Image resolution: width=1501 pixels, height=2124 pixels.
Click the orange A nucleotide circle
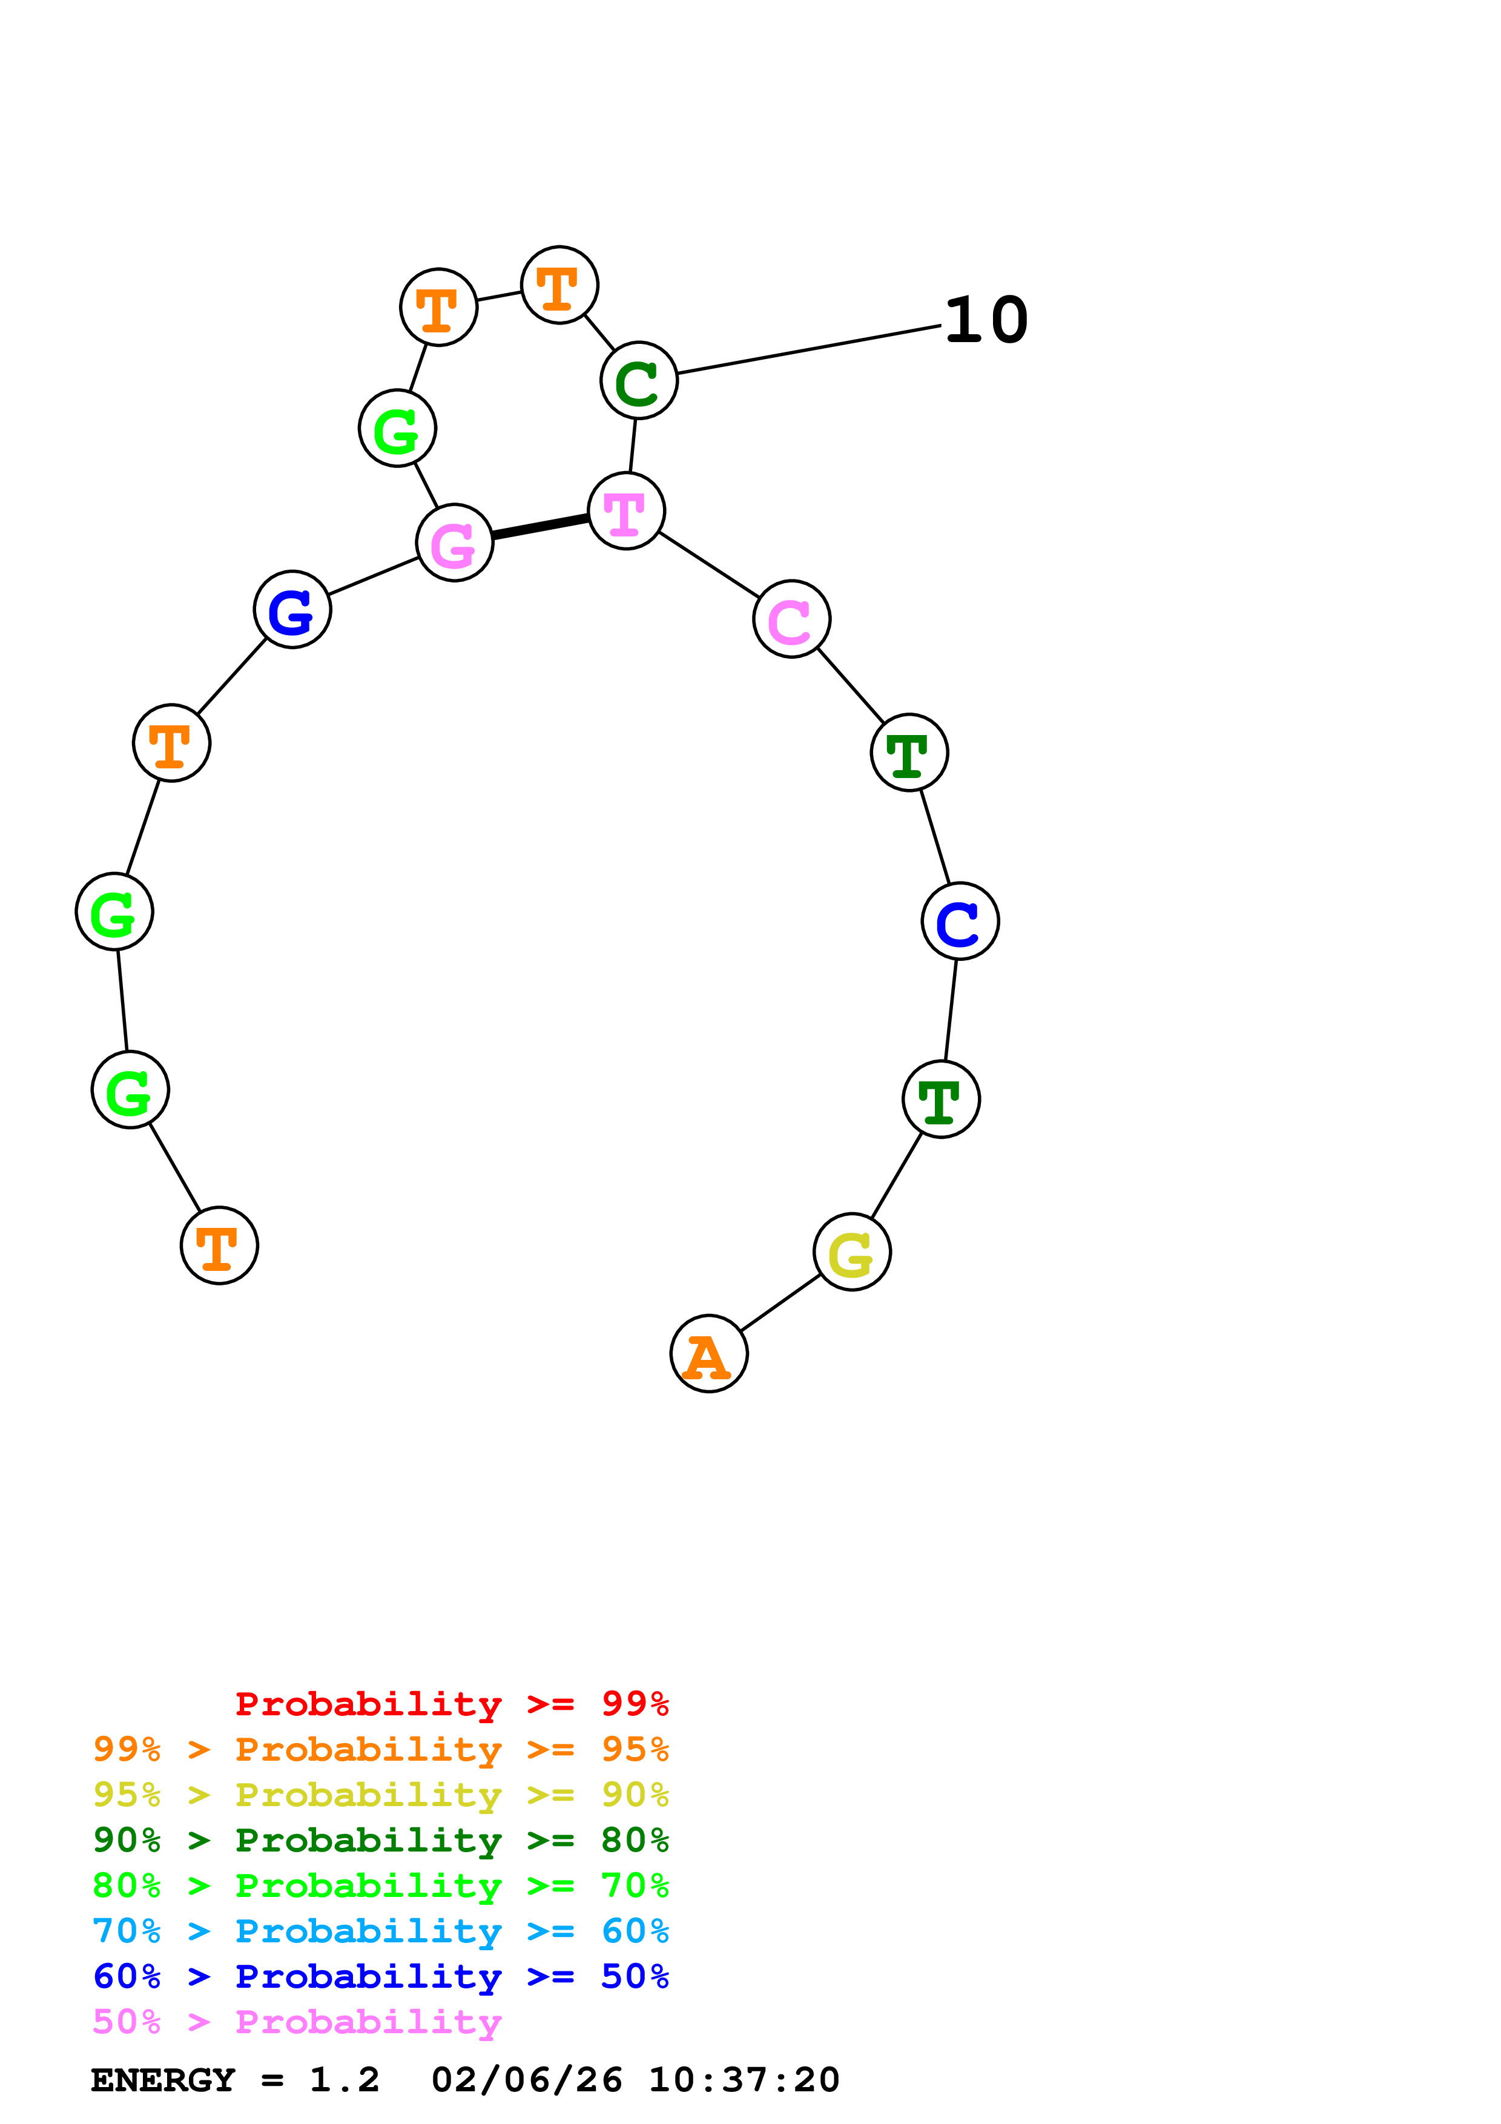click(x=708, y=1353)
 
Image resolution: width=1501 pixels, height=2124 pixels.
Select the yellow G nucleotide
click(x=852, y=1252)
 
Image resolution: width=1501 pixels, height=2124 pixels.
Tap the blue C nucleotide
click(x=960, y=922)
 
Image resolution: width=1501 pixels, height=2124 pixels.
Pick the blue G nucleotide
click(x=292, y=610)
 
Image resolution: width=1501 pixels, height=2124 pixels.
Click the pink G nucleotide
click(x=454, y=543)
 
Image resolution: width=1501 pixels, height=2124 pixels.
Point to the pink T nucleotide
click(x=626, y=510)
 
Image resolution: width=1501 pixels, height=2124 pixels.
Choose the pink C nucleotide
click(x=791, y=619)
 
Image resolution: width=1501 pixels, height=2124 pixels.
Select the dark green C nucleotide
click(x=639, y=380)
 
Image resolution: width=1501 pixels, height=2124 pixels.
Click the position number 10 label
click(x=986, y=320)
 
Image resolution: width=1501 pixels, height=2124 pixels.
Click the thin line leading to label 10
click(x=809, y=350)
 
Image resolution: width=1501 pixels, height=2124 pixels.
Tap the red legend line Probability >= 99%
click(x=451, y=1704)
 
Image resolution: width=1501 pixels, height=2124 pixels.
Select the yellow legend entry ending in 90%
click(x=380, y=1795)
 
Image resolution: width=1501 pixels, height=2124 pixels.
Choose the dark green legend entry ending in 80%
click(x=380, y=1840)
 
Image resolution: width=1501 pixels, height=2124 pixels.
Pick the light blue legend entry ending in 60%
click(x=380, y=1931)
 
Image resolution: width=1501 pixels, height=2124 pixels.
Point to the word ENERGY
click(x=163, y=2080)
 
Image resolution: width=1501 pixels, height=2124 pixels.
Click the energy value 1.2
click(x=344, y=2080)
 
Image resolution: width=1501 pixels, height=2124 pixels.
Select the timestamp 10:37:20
click(x=744, y=2080)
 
